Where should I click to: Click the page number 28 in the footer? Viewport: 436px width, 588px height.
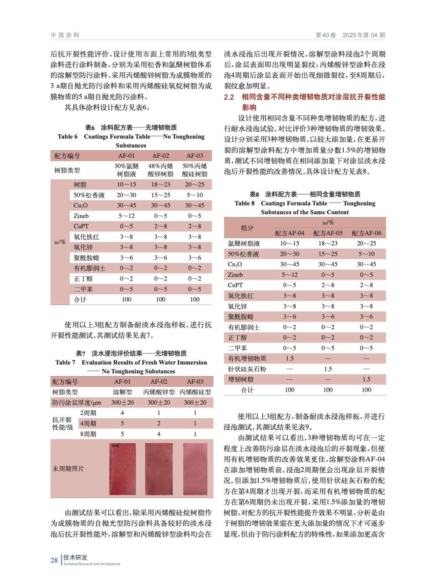[54, 560]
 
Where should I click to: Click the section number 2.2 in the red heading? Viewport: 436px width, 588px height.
[229, 97]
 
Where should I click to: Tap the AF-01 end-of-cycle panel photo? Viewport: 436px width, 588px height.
[123, 469]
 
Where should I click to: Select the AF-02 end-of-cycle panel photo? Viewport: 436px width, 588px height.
[159, 469]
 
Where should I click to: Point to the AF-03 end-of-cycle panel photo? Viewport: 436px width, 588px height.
[195, 469]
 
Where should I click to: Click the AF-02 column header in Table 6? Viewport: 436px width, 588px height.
[161, 156]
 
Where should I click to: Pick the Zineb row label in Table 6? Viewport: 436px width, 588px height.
[81, 216]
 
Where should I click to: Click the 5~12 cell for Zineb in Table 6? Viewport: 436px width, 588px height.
[126, 216]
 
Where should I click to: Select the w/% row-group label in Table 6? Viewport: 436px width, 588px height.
[60, 242]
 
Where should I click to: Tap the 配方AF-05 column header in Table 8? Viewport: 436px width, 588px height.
[328, 233]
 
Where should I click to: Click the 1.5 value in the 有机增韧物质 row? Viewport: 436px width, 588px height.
[289, 358]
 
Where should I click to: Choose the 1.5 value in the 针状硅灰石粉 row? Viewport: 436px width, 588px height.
[328, 369]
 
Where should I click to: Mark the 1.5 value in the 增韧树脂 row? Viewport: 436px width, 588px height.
[366, 379]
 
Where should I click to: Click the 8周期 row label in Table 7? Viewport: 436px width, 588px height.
[88, 434]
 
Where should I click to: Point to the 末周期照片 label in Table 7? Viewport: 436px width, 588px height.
[68, 469]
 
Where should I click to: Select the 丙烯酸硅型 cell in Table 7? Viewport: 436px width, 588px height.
[195, 392]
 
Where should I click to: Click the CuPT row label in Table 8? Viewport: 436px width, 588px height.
[235, 285]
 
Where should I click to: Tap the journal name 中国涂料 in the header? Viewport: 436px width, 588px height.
[65, 35]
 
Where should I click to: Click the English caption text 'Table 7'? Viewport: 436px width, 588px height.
[65, 362]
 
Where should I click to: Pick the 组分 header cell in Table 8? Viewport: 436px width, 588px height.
[247, 228]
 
